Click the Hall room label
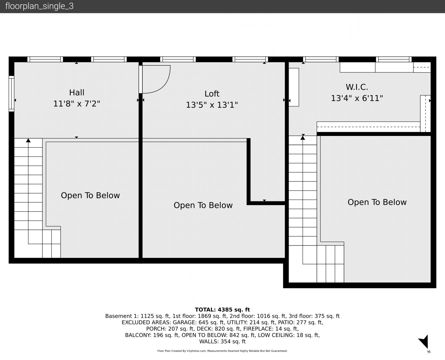(x=77, y=93)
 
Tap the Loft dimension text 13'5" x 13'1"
(x=212, y=105)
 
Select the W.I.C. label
(x=357, y=87)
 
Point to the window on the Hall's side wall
(x=11, y=94)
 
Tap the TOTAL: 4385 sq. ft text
(x=222, y=310)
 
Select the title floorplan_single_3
(x=39, y=6)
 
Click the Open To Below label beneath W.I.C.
(x=377, y=202)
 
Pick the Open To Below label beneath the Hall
(x=90, y=196)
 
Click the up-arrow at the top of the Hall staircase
(x=28, y=140)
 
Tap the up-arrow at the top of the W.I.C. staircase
(x=303, y=137)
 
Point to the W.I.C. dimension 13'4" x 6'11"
(x=357, y=98)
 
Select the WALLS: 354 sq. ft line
(x=222, y=342)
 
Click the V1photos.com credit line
(x=222, y=351)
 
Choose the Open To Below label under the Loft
(x=203, y=205)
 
